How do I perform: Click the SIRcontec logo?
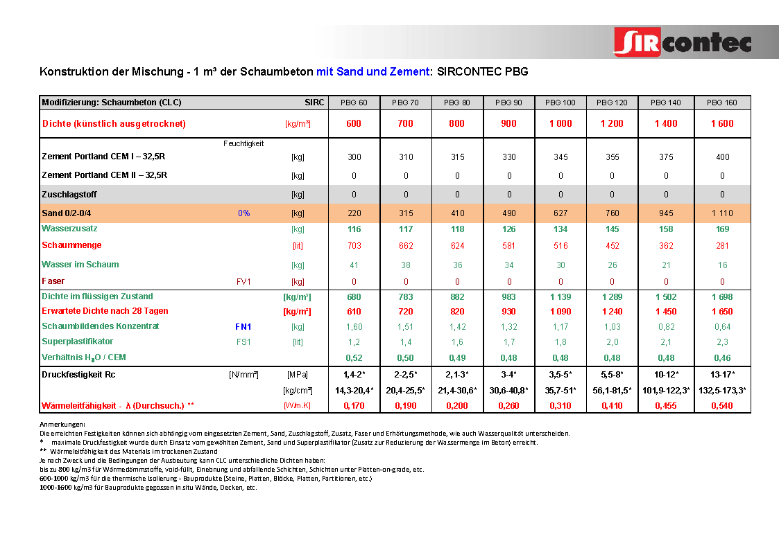point(683,42)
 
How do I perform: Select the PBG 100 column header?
point(560,103)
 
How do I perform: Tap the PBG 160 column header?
point(722,103)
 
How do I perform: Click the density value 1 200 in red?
point(612,124)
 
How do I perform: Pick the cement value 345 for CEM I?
point(560,157)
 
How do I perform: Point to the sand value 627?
point(560,213)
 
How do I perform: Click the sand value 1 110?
point(722,213)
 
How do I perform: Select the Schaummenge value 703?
point(354,245)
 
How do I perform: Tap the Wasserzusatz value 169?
point(722,229)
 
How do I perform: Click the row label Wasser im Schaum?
point(80,265)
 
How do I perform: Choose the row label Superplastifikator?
point(78,341)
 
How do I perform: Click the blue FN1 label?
point(243,326)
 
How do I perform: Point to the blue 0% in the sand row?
point(243,213)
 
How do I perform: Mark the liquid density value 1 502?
point(666,297)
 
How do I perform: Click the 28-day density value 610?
point(354,312)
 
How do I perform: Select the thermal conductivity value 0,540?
point(722,406)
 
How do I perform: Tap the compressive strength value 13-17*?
point(722,375)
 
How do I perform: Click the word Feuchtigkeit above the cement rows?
point(243,144)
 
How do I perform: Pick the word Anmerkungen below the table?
point(62,424)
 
